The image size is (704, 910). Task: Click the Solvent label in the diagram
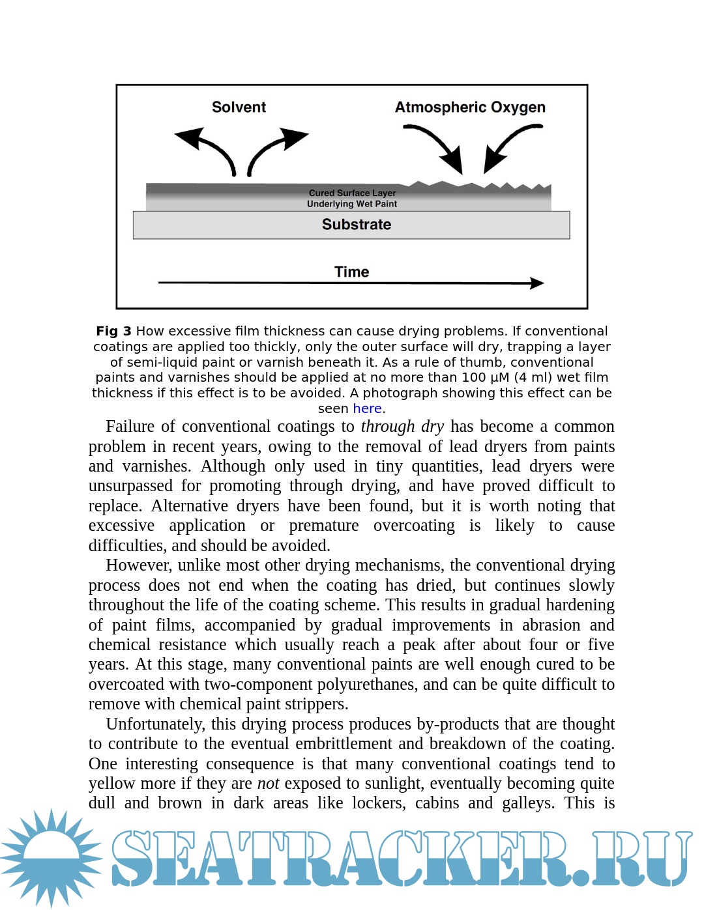pyautogui.click(x=239, y=107)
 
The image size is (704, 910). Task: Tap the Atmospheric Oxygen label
pyautogui.click(x=470, y=107)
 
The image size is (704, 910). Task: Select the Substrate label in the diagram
pyautogui.click(x=357, y=225)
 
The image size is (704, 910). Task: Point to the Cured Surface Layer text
pyautogui.click(x=352, y=193)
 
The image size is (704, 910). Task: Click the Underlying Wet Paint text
pyautogui.click(x=352, y=204)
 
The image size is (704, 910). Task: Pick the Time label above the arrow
pyautogui.click(x=351, y=272)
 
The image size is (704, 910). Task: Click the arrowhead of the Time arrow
pyautogui.click(x=536, y=283)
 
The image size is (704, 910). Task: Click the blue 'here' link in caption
pyautogui.click(x=367, y=408)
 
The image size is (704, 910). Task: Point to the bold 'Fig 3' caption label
pyautogui.click(x=113, y=331)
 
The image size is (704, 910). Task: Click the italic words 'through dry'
pyautogui.click(x=402, y=427)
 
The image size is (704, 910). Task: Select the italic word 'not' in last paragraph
pyautogui.click(x=268, y=784)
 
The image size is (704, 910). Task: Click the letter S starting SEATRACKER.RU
pyautogui.click(x=134, y=859)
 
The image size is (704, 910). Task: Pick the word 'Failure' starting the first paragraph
pyautogui.click(x=131, y=427)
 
